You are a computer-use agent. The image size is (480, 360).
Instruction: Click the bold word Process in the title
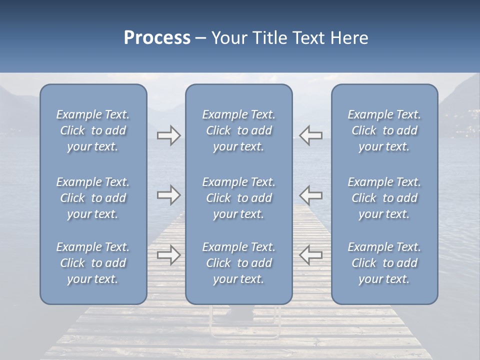pos(157,38)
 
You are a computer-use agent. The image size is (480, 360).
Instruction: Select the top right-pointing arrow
pos(168,135)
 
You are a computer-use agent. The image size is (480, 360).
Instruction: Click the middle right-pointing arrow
pos(168,194)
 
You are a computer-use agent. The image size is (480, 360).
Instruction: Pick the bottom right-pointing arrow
pos(168,255)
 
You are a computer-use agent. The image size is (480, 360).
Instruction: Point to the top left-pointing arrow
pos(310,135)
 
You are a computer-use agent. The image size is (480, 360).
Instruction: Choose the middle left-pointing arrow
pos(310,194)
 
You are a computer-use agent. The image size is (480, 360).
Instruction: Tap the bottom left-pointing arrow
pos(310,255)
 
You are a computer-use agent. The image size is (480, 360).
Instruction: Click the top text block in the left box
pos(93,130)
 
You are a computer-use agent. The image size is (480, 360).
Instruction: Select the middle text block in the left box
pos(93,198)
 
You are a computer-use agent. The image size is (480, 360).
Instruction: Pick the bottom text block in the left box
pos(93,263)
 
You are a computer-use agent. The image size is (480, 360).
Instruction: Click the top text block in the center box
pos(238,130)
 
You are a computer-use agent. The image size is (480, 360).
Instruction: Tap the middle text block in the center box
pos(238,198)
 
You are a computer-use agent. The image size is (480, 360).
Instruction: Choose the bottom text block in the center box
pos(238,263)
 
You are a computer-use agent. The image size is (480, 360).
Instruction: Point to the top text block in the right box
pos(384,130)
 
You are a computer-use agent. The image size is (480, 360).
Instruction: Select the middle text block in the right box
pos(384,198)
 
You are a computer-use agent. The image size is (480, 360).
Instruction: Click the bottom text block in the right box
pos(384,263)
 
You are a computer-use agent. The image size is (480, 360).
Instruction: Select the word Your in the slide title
pos(228,38)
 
